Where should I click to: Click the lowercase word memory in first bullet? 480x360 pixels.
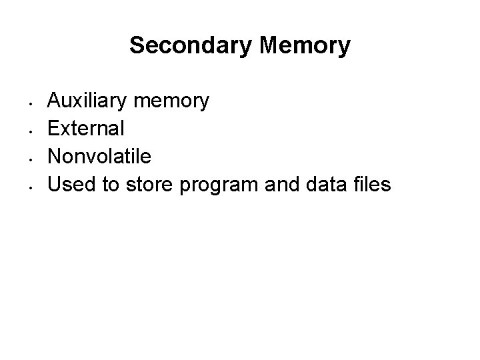click(x=171, y=102)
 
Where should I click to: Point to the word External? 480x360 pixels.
click(x=85, y=128)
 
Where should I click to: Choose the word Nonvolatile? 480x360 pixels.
click(x=99, y=156)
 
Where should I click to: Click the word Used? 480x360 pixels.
click(x=69, y=183)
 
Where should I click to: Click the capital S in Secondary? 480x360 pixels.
click(x=137, y=46)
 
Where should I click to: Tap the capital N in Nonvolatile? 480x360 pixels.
click(x=55, y=156)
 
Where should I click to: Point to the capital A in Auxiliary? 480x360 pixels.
click(x=55, y=101)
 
